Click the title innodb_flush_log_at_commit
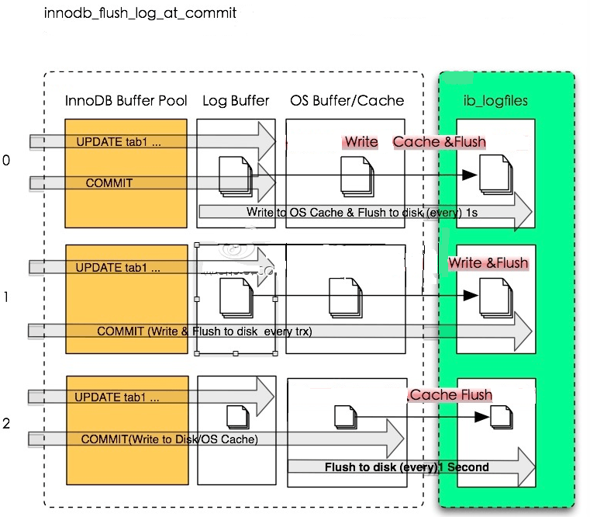click(x=140, y=13)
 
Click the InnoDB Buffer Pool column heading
click(x=126, y=101)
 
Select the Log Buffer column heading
click(x=236, y=101)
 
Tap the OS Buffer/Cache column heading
click(x=347, y=101)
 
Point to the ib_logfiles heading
click(x=495, y=101)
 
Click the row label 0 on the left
click(x=7, y=160)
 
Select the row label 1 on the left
click(x=7, y=297)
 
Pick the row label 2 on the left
click(x=7, y=424)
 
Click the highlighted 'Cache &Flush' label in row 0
click(x=439, y=142)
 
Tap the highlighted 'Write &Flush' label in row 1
click(x=488, y=263)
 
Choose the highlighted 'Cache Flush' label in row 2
click(x=450, y=395)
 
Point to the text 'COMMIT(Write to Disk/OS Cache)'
click(x=169, y=439)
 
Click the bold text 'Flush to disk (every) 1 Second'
click(x=406, y=467)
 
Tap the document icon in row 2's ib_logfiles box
click(x=501, y=417)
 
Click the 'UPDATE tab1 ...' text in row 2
click(x=117, y=397)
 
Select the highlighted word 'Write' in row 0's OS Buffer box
click(x=361, y=142)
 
